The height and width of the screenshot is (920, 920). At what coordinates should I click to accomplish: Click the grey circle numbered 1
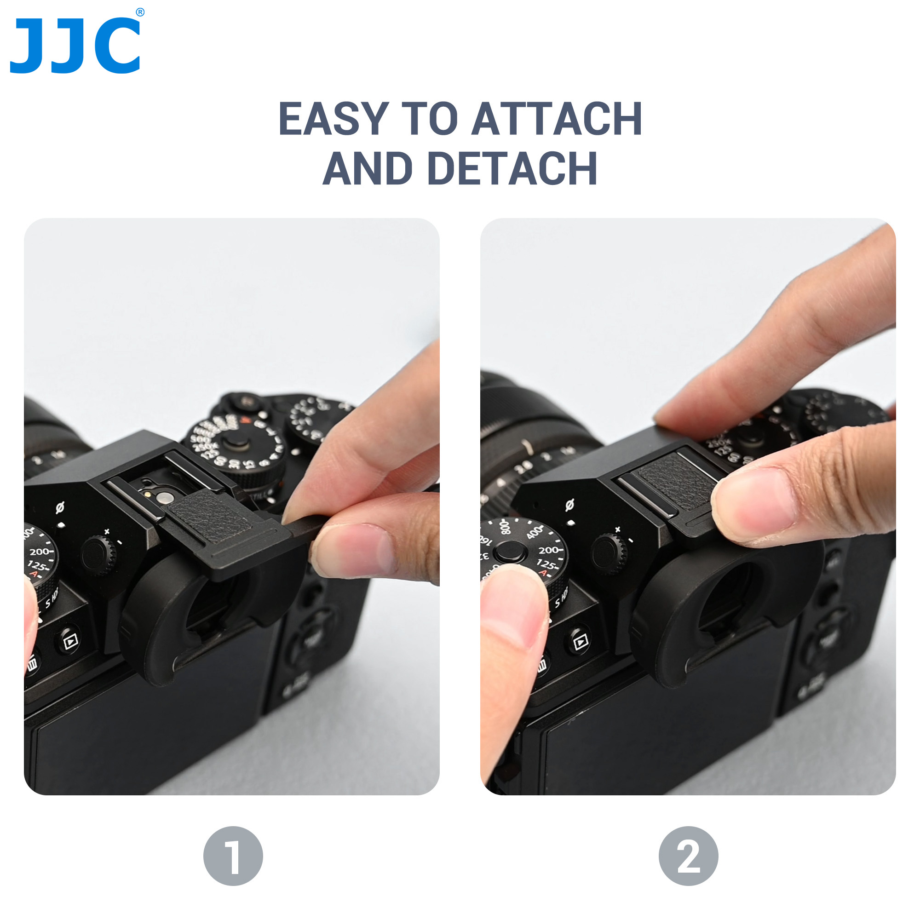click(233, 856)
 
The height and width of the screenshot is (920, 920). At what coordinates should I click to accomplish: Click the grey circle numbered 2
click(688, 856)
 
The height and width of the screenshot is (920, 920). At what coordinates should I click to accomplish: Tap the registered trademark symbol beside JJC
click(140, 12)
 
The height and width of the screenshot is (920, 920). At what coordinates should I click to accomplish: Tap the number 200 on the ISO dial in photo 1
click(40, 552)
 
